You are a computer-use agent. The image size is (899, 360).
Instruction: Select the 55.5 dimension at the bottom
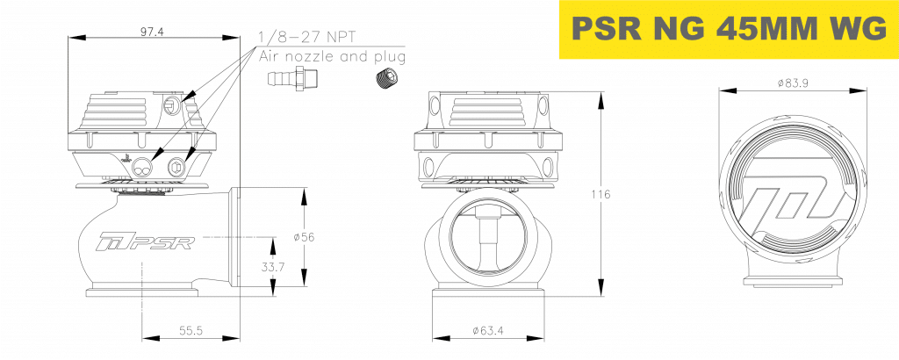[x=191, y=330]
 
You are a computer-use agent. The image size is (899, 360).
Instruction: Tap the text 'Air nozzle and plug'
[x=332, y=57]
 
